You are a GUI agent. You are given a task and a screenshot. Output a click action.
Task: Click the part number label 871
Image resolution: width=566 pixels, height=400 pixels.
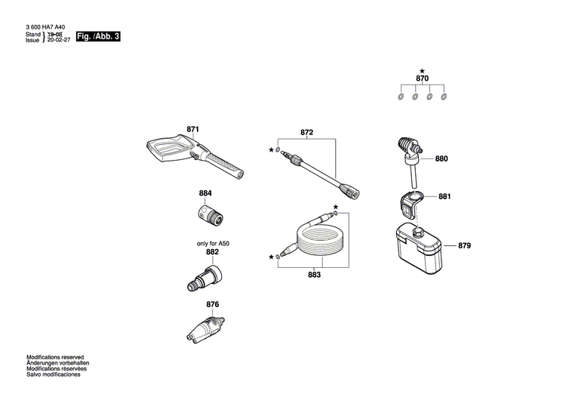192,130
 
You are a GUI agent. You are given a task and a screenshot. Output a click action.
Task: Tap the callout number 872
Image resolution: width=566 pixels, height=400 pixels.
306,132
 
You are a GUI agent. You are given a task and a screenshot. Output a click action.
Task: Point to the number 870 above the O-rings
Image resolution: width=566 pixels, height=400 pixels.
422,78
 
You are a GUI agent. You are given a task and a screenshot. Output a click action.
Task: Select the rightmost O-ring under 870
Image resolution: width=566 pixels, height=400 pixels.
444,97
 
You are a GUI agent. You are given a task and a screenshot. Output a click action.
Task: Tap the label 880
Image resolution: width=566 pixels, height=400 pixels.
441,159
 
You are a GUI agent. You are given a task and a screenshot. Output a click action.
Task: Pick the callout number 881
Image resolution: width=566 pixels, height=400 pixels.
444,197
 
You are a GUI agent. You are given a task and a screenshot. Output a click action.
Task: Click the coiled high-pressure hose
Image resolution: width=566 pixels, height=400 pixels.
317,238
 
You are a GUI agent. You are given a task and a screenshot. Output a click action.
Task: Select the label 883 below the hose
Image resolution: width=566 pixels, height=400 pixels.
314,275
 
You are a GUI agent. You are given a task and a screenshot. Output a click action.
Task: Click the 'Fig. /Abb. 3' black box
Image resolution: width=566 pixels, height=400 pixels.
99,36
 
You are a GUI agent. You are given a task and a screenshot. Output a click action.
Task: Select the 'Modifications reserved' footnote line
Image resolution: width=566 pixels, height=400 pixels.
55,357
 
